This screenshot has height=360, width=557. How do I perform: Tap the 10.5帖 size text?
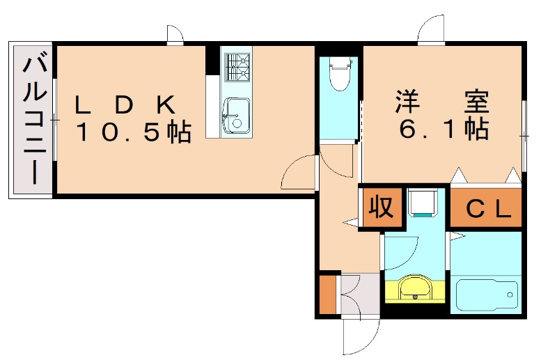point(132,132)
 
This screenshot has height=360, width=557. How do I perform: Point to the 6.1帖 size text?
point(443,129)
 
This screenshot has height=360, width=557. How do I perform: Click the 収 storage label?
point(382,208)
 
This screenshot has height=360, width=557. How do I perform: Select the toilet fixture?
point(339,75)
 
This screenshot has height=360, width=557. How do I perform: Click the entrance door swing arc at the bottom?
point(361,337)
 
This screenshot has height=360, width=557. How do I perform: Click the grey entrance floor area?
point(359,295)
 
